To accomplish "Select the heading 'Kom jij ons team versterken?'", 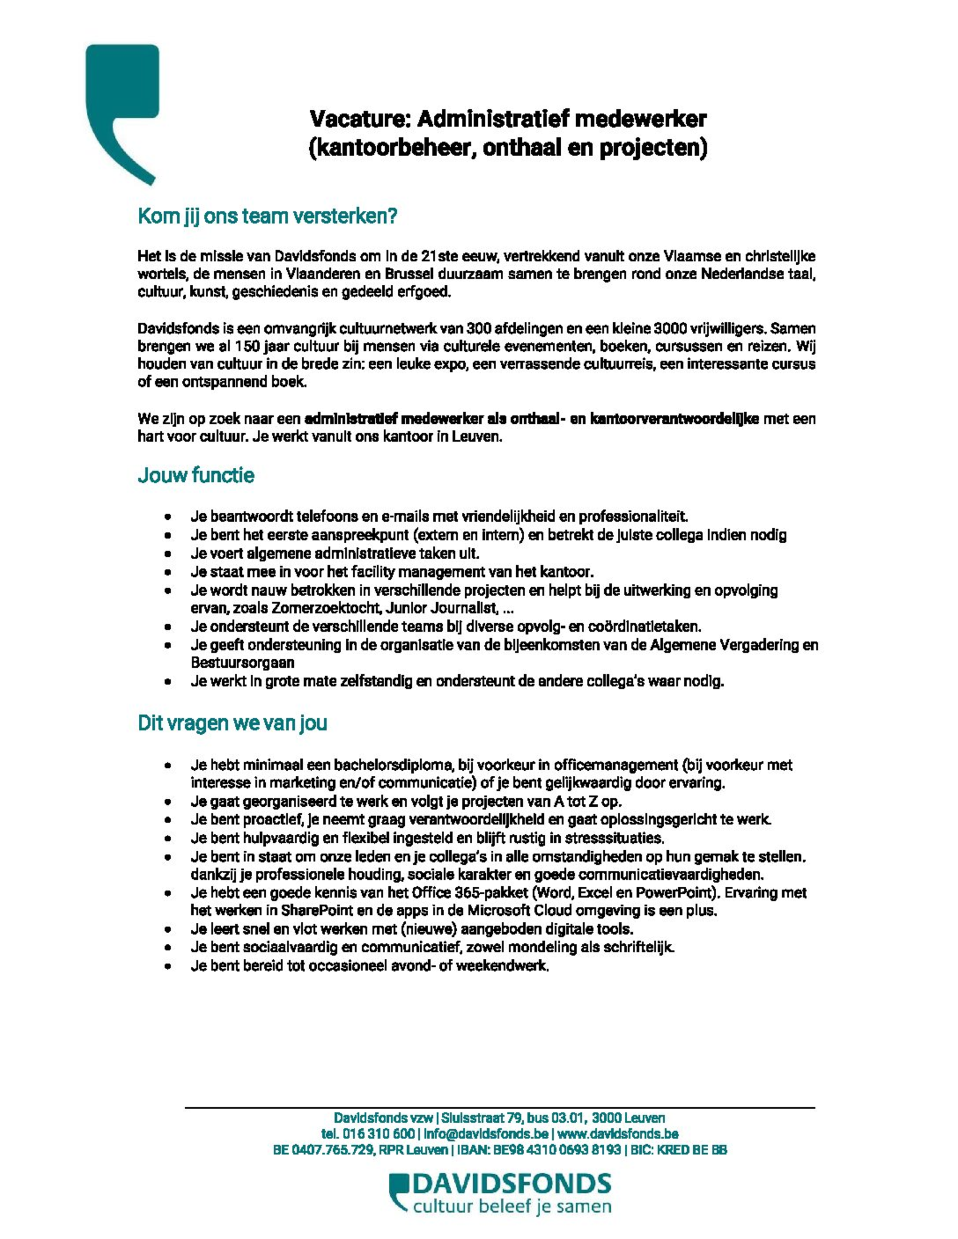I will (x=267, y=217).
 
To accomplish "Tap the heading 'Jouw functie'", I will (x=196, y=475).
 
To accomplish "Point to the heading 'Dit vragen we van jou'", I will (x=232, y=723).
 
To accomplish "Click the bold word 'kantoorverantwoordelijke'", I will (x=674, y=419).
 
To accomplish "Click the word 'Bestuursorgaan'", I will (x=242, y=663).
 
